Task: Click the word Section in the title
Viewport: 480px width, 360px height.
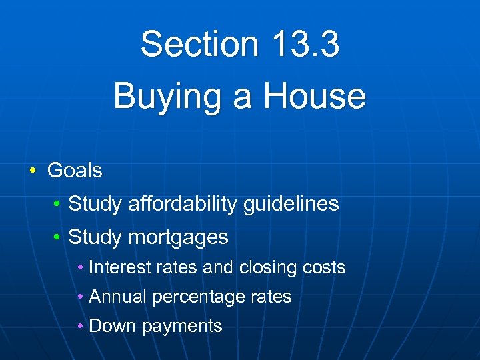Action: pyautogui.click(x=198, y=45)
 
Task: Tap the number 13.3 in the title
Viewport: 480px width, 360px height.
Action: pyautogui.click(x=305, y=45)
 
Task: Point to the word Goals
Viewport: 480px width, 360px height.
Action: pyautogui.click(x=75, y=171)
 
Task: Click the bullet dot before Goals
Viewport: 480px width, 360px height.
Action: pyautogui.click(x=33, y=171)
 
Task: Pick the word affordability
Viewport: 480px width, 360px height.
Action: pyautogui.click(x=180, y=203)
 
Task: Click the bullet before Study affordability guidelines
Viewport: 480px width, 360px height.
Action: pyautogui.click(x=59, y=204)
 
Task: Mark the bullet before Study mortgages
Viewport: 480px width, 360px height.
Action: pyautogui.click(x=59, y=237)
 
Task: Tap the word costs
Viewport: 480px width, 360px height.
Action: pyautogui.click(x=324, y=268)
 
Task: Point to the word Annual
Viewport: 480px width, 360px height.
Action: pyautogui.click(x=118, y=297)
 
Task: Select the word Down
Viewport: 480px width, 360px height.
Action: pyautogui.click(x=111, y=326)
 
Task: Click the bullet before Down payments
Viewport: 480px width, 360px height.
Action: pyautogui.click(x=81, y=326)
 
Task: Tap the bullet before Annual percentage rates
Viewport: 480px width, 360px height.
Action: pyautogui.click(x=81, y=297)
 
